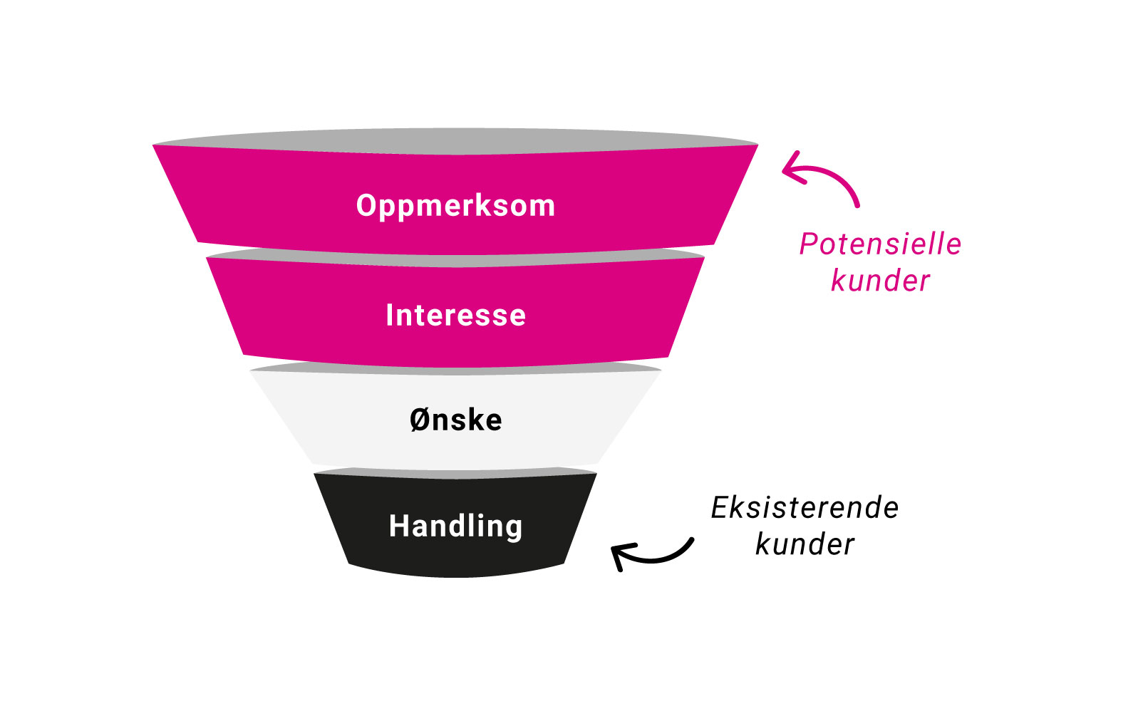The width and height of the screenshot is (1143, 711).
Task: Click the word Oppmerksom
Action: click(455, 206)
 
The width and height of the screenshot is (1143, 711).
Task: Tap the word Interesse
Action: click(455, 316)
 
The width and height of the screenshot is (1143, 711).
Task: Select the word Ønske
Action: click(455, 420)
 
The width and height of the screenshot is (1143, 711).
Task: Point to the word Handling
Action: click(455, 526)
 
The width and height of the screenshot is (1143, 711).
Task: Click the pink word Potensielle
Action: click(880, 244)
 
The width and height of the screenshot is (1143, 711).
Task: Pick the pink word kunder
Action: click(880, 281)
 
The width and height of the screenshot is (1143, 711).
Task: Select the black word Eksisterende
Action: click(805, 508)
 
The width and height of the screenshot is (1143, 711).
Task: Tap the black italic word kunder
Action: click(805, 545)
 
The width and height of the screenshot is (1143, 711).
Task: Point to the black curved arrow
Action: click(656, 556)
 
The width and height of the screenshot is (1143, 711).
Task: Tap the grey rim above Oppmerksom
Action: click(455, 141)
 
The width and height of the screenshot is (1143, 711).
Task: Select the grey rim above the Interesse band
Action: click(455, 259)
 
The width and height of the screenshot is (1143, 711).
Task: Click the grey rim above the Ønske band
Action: click(455, 368)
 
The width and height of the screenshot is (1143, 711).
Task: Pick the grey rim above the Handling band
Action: click(455, 473)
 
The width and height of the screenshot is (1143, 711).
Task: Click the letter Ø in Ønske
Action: click(419, 420)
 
